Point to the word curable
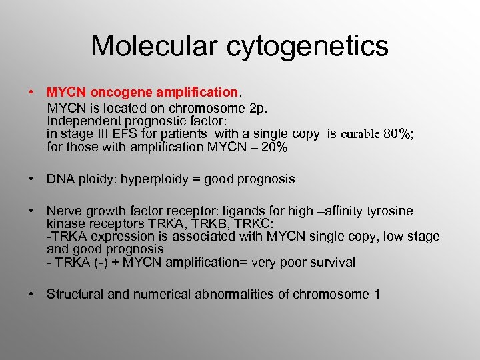pos(360,134)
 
